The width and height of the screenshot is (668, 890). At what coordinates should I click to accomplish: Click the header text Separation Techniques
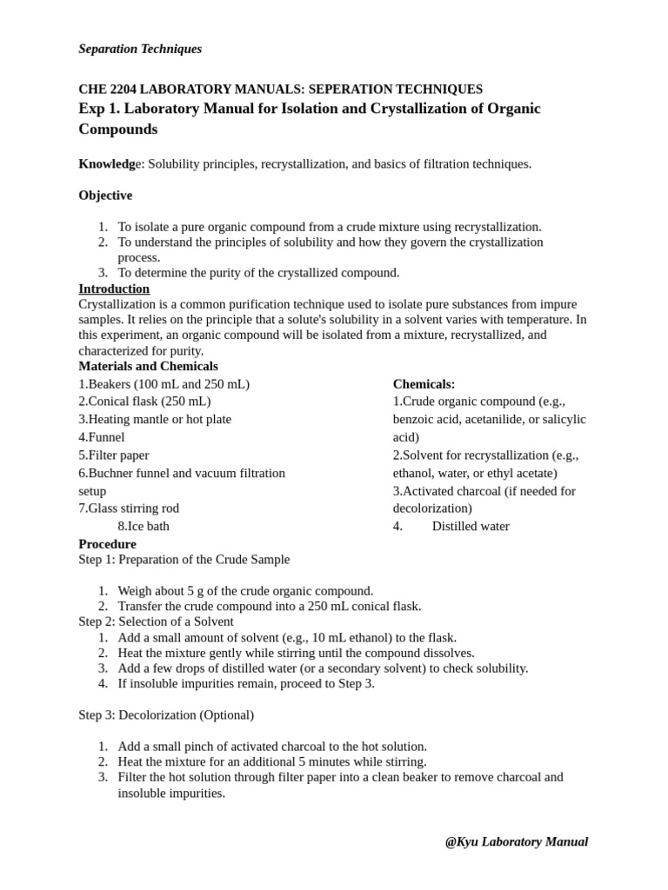pos(140,49)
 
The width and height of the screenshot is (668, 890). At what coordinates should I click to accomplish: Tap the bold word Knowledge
pos(110,163)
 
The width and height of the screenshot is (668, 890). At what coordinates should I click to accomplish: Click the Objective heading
pos(105,196)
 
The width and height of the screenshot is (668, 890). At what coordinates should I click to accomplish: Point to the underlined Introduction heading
pos(114,289)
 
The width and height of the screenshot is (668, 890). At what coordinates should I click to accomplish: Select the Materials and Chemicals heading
pos(148,366)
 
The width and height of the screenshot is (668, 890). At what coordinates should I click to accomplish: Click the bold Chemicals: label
pos(424,384)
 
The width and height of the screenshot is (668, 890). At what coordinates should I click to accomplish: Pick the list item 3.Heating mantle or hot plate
pos(155,419)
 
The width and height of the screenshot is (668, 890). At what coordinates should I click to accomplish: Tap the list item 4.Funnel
pos(102,437)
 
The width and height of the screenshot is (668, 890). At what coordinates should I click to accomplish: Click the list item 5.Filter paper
pos(114,455)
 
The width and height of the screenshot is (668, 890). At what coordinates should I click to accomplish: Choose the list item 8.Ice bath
pos(144,526)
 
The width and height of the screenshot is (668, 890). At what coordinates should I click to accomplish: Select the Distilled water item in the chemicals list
pos(471,526)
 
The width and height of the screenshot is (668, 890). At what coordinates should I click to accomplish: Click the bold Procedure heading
pos(107,544)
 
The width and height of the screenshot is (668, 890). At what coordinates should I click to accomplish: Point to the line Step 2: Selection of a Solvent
pos(156,621)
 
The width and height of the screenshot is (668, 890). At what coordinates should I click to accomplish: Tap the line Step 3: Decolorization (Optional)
pos(166,714)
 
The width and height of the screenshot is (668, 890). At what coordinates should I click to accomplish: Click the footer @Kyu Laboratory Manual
pos(516,841)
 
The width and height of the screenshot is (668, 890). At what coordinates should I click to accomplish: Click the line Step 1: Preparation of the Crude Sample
pos(184,560)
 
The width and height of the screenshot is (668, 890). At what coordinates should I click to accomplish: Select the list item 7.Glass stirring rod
pos(129,508)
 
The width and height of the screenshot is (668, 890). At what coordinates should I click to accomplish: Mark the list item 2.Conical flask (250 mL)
pos(144,402)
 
